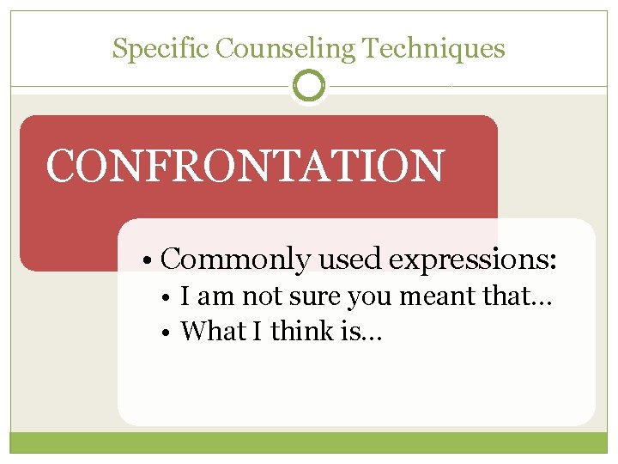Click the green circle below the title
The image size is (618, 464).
click(x=309, y=86)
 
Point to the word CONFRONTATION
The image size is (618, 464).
click(x=245, y=166)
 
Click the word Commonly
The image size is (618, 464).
click(x=235, y=259)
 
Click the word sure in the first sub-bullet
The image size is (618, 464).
click(x=318, y=297)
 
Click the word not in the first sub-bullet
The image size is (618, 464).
click(x=261, y=297)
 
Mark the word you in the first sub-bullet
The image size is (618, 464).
click(x=371, y=297)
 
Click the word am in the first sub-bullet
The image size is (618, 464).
click(x=218, y=297)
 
